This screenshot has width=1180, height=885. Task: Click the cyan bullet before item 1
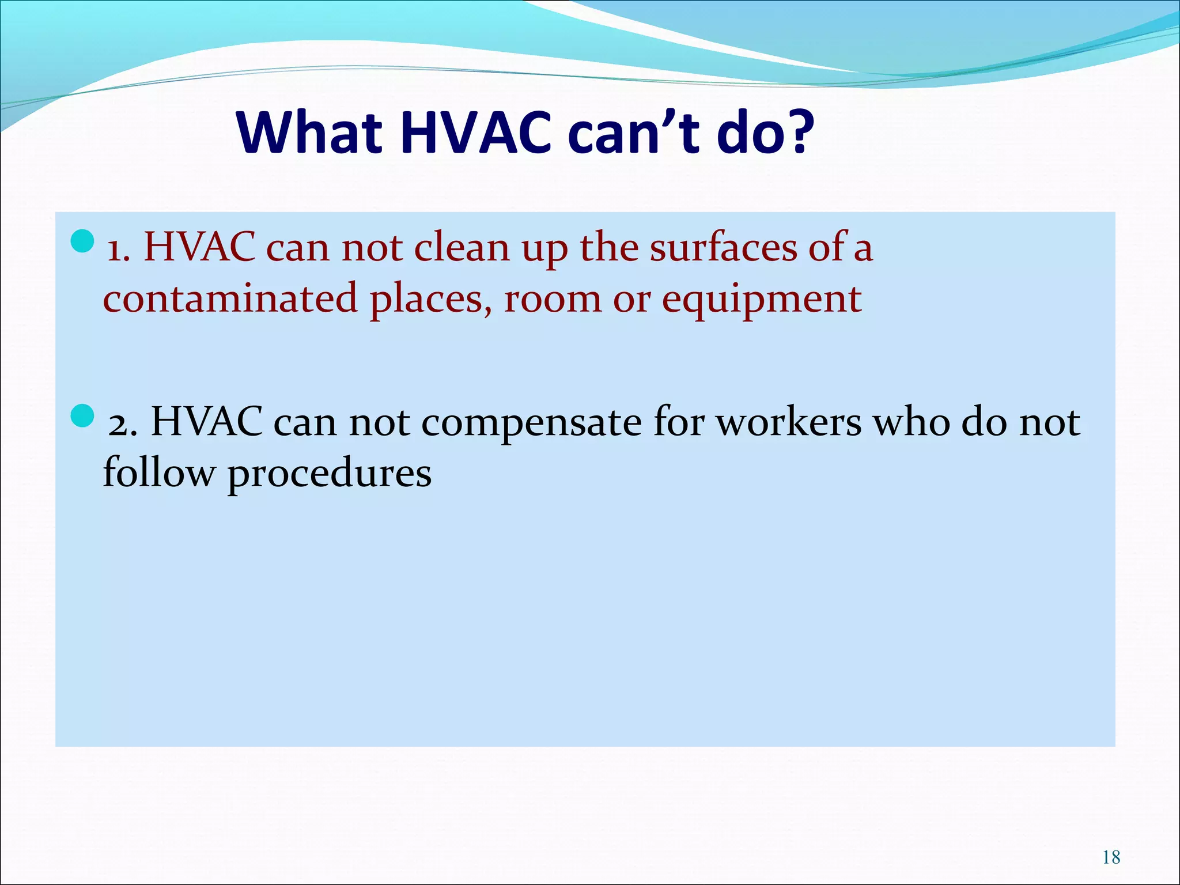coord(82,241)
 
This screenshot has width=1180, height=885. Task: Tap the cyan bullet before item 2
coord(82,415)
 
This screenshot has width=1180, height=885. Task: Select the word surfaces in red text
coord(723,248)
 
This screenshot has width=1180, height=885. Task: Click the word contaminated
coord(230,299)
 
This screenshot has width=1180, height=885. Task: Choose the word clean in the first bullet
coord(462,248)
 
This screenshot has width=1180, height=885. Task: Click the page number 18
coord(1111,857)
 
